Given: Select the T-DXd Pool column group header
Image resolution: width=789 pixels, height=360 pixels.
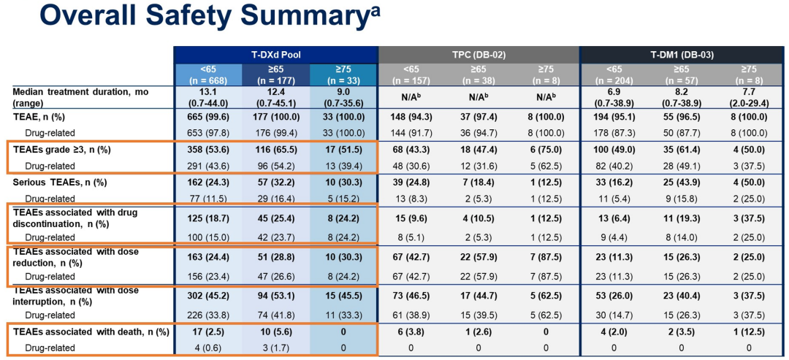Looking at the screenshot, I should (275, 55).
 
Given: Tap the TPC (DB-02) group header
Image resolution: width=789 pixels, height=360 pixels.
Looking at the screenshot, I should (479, 55).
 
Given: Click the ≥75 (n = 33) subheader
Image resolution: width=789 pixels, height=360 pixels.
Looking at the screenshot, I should (343, 74).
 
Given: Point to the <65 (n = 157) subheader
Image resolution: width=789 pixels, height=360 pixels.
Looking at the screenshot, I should (411, 74).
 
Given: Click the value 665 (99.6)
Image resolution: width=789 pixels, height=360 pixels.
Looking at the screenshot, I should (207, 116).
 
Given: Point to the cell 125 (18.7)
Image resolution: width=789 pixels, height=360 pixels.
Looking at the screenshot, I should (207, 217).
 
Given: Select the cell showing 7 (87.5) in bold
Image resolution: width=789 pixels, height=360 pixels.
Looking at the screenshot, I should (546, 256).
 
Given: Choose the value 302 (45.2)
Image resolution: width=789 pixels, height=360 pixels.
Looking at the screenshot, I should (207, 296).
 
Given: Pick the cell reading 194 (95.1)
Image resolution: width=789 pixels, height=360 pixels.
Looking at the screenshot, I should (613, 116).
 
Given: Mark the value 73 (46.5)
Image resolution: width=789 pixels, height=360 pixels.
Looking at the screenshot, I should (411, 296).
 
